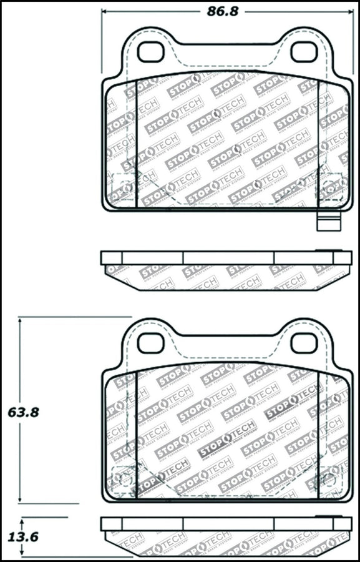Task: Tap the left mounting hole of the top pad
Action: (150, 52)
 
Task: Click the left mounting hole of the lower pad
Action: (150, 342)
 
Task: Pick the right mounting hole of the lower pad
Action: (304, 342)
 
